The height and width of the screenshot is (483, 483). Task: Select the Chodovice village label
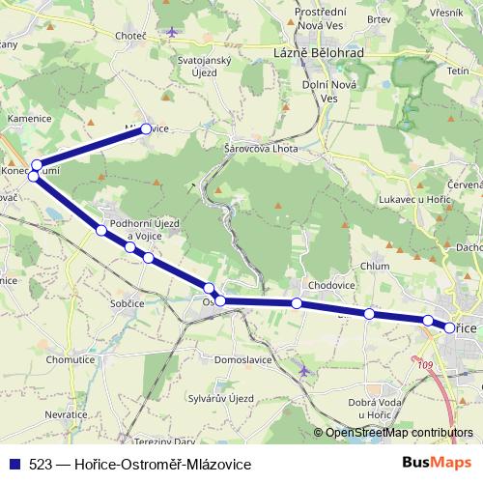331,286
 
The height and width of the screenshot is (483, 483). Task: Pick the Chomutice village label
69,358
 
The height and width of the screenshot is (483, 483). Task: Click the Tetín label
458,71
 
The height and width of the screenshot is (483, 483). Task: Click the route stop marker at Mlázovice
146,128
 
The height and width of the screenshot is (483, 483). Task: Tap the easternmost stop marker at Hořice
449,328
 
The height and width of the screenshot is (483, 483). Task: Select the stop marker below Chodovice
297,304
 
